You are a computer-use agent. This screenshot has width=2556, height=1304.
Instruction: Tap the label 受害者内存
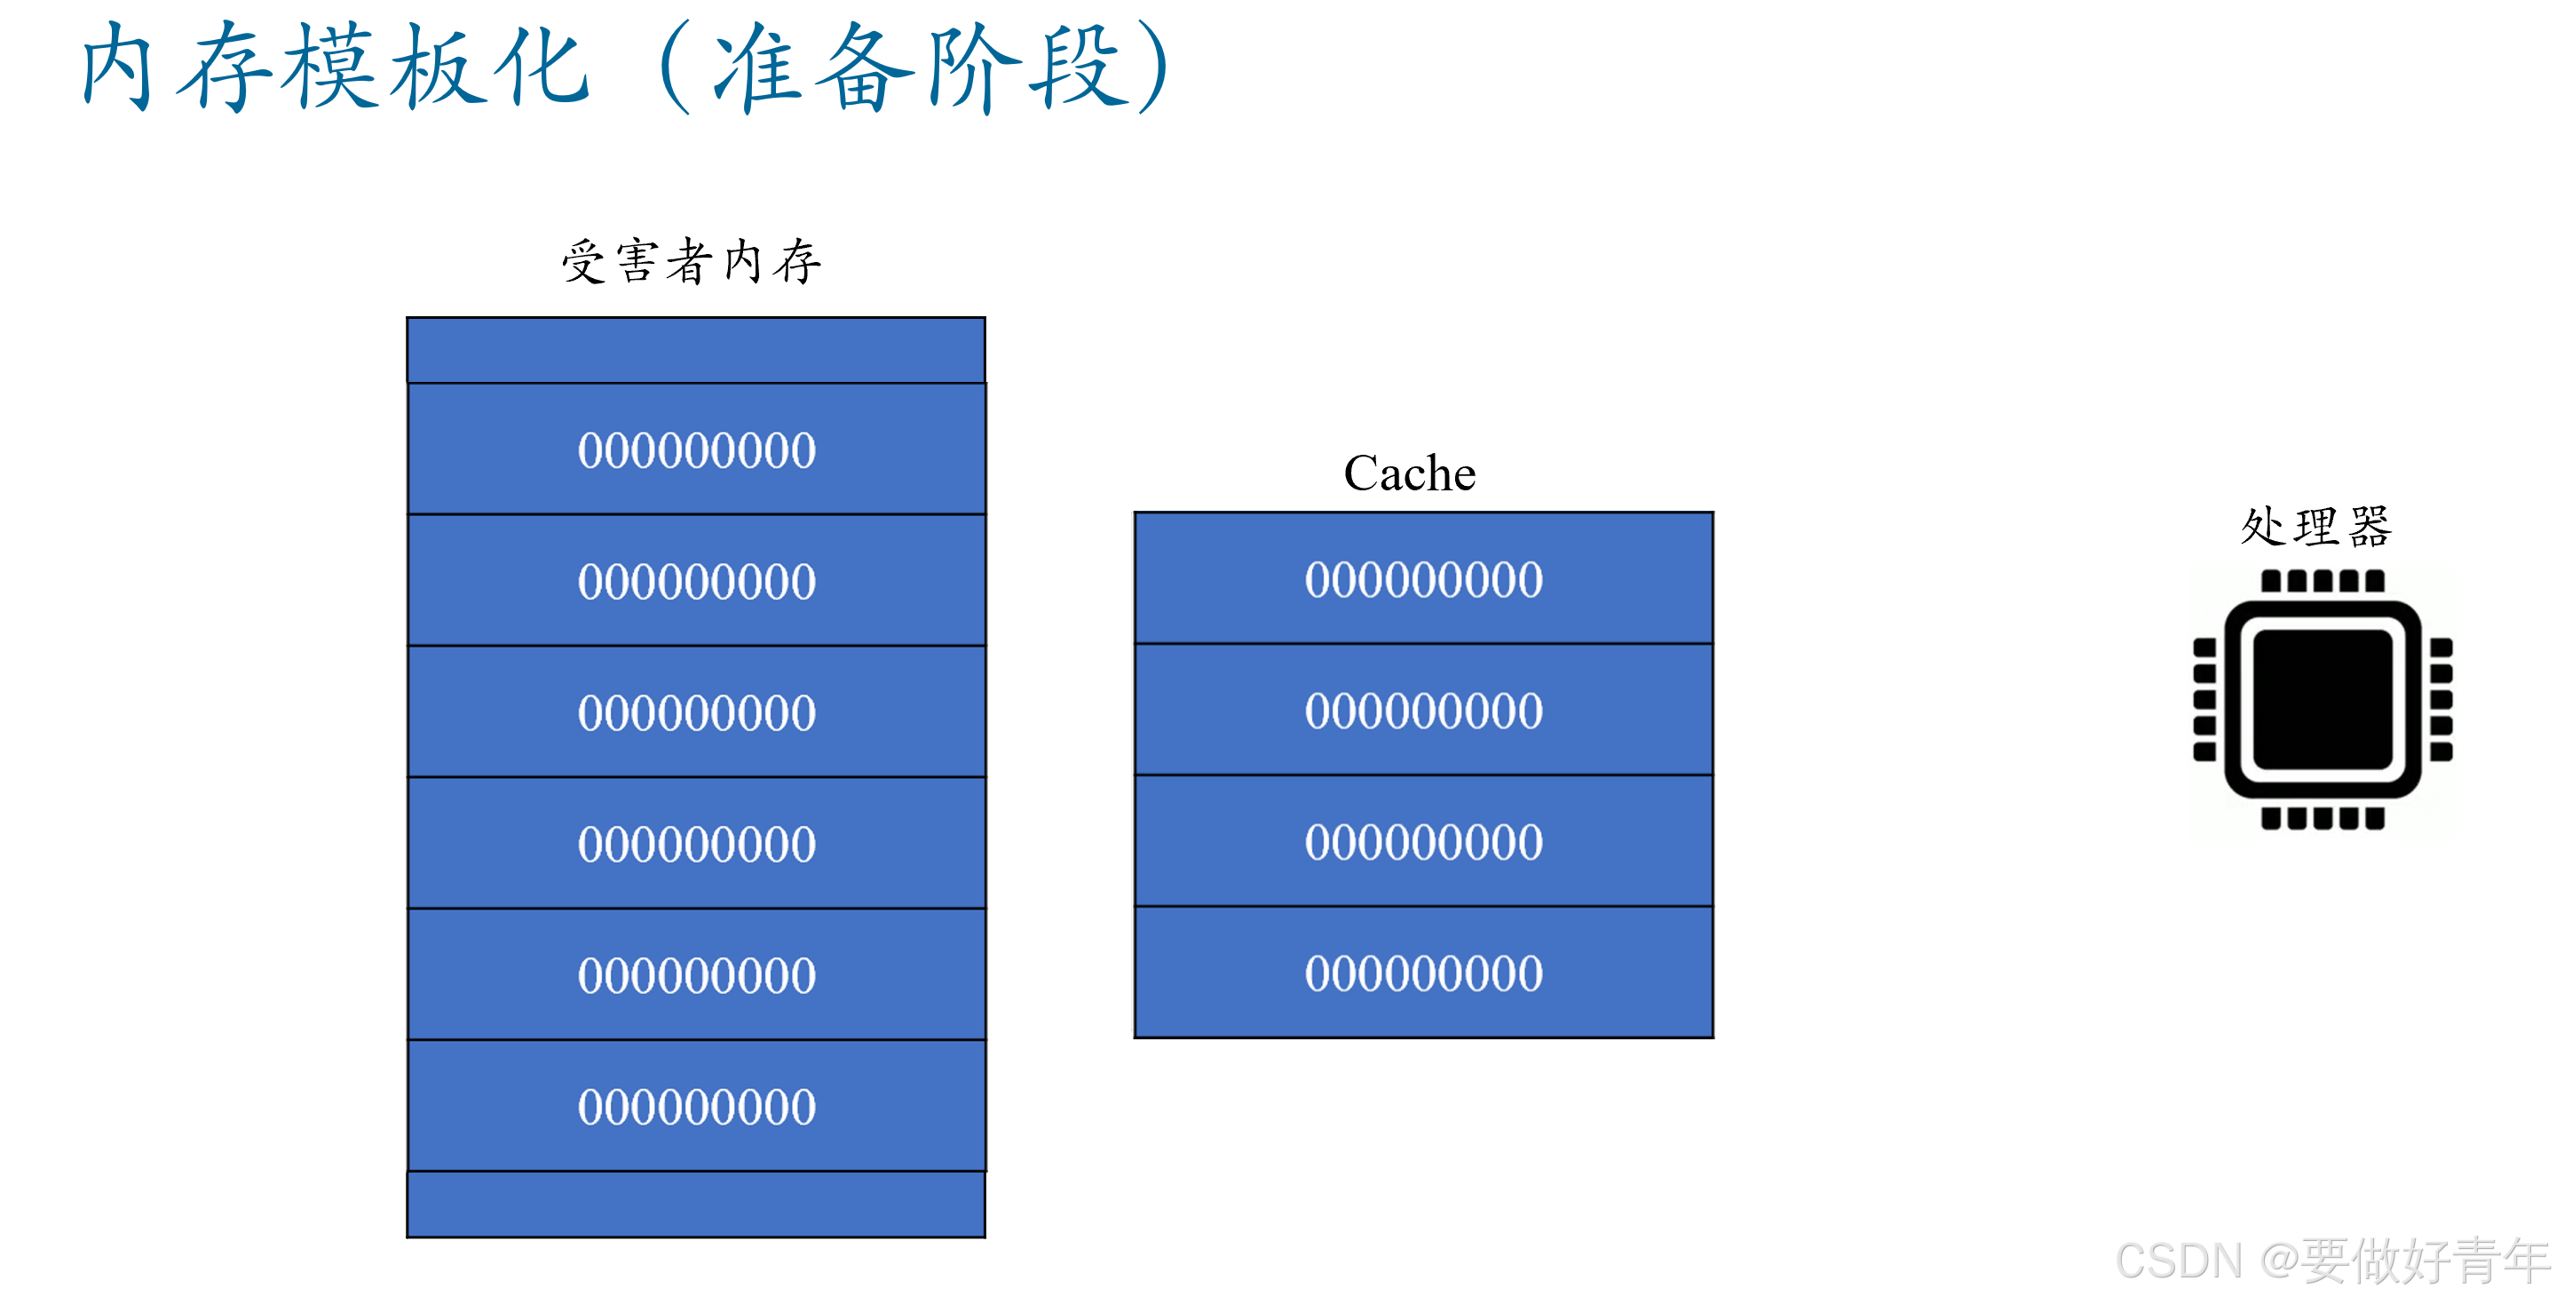point(692,262)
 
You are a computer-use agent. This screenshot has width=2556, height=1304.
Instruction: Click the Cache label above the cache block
point(1409,473)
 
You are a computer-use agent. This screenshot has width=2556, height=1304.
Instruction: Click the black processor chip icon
point(2322,699)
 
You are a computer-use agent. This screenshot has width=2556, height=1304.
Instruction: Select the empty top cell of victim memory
point(695,350)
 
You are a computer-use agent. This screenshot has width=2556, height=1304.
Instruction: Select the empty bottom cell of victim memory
point(695,1204)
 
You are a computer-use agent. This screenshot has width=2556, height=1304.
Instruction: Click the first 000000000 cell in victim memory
point(695,449)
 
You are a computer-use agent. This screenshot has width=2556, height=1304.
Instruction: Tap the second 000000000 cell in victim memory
point(695,581)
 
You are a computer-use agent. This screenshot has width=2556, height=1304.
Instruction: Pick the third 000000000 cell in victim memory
point(695,712)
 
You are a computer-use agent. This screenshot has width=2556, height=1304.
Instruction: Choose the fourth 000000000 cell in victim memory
point(695,844)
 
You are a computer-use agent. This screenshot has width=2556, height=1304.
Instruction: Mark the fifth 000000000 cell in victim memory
point(695,974)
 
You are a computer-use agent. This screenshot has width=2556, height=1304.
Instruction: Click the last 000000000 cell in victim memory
point(695,1107)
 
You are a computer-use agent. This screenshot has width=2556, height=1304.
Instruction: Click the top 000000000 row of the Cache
point(1423,578)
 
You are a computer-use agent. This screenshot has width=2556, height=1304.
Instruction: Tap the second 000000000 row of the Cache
point(1423,711)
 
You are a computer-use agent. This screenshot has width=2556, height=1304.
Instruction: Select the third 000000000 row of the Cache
point(1423,841)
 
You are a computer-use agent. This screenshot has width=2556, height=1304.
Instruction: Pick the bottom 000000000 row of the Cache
point(1423,973)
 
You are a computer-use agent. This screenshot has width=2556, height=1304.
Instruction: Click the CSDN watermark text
point(2331,1261)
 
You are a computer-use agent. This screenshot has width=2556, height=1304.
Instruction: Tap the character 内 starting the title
point(117,68)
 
